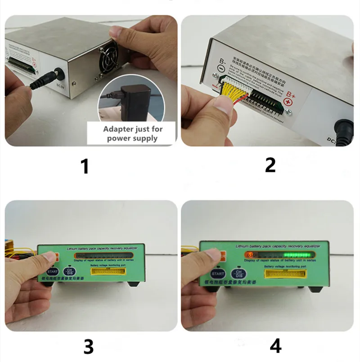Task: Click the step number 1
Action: coord(84,166)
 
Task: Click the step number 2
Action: coord(270,165)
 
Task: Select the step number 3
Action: coord(88,346)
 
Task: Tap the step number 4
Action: coord(275,346)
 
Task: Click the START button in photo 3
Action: coord(52,272)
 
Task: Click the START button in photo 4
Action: coord(218,273)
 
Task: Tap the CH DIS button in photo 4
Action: coord(238,273)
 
